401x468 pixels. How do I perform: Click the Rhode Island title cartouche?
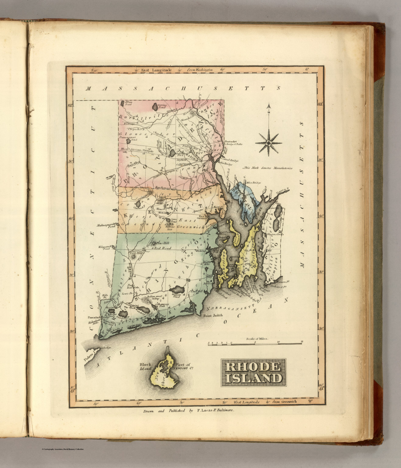point(253,372)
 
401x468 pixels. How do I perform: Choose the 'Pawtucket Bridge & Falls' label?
point(233,143)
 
